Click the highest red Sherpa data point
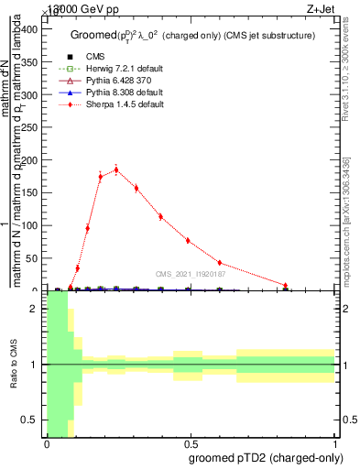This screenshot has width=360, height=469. tap(116, 169)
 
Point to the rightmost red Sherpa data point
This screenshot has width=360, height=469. tap(286, 286)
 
